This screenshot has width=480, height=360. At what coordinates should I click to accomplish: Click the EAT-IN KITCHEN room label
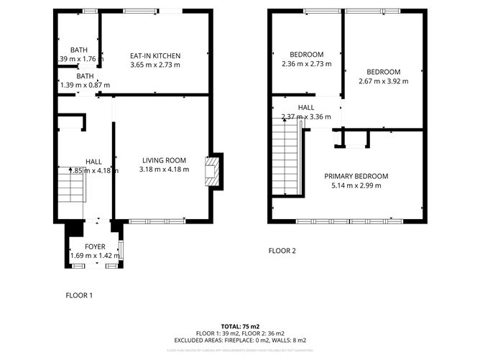[154, 56]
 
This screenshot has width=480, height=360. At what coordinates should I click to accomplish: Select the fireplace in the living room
[212, 172]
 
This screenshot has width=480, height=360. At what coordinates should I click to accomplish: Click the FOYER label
[95, 246]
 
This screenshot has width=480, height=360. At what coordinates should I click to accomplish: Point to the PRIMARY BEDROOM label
[356, 176]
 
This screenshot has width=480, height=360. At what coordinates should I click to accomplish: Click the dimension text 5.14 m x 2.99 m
[356, 185]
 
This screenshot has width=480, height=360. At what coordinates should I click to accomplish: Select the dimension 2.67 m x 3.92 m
[383, 81]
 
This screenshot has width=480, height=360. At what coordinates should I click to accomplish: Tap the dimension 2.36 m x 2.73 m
[307, 64]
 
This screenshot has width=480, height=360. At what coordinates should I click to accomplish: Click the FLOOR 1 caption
[79, 295]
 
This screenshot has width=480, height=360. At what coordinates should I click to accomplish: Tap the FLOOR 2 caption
[282, 251]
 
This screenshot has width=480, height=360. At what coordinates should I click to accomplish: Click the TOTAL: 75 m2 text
[240, 326]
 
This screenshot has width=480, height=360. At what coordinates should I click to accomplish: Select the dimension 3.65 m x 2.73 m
[154, 65]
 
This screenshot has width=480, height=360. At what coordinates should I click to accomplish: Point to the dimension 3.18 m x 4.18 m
[165, 170]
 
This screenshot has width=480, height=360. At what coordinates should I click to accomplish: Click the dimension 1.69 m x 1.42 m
[95, 256]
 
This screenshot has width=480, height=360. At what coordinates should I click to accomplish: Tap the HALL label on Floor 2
[306, 108]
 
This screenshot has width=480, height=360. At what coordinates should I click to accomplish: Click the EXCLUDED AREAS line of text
[240, 340]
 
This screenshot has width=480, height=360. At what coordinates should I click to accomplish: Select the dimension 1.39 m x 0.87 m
[85, 85]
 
